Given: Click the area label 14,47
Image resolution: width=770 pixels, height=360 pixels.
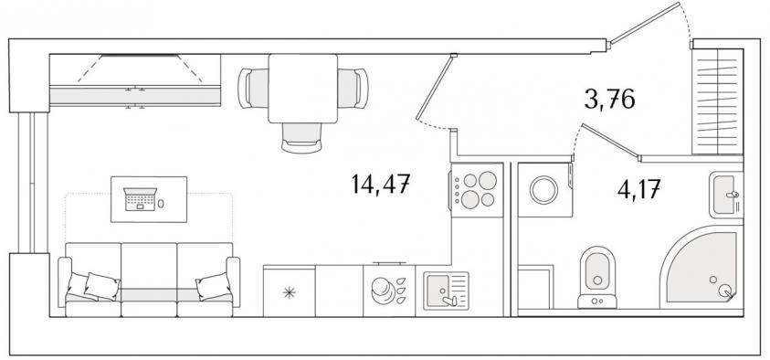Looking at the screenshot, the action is tap(381, 185).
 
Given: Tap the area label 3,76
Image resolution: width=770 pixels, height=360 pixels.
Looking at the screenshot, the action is tap(609, 100).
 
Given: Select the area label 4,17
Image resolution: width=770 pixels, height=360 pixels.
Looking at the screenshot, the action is tap(638, 189).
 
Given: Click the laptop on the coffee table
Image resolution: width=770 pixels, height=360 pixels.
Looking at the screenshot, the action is tap(140, 199).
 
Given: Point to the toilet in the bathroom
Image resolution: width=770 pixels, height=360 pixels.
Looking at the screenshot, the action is tap(597, 277).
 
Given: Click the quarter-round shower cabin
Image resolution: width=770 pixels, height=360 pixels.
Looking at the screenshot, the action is tap(702, 268).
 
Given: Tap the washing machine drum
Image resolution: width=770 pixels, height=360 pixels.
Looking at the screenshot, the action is tap(543, 190).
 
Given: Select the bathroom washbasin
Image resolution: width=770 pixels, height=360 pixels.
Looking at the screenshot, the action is tap(726, 195).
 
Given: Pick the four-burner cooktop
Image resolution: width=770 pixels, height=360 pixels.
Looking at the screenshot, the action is tap(477, 190).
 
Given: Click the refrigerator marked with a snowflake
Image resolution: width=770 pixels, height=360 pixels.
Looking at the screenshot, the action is tap(290, 291).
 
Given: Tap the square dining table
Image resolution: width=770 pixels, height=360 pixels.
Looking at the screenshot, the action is tap(303, 89).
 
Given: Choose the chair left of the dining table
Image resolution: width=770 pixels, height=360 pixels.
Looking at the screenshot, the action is tap(253, 89).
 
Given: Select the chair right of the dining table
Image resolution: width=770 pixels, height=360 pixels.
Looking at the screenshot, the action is tap(353, 89).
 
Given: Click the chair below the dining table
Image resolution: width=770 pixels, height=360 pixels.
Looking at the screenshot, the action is tap(301, 138).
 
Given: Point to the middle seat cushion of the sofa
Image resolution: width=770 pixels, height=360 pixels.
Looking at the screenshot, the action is tap(149, 279).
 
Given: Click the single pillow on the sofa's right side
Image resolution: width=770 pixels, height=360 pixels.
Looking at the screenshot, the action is tap(214, 286).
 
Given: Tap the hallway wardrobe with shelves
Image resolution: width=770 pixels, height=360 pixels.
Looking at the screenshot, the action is tap(717, 101).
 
